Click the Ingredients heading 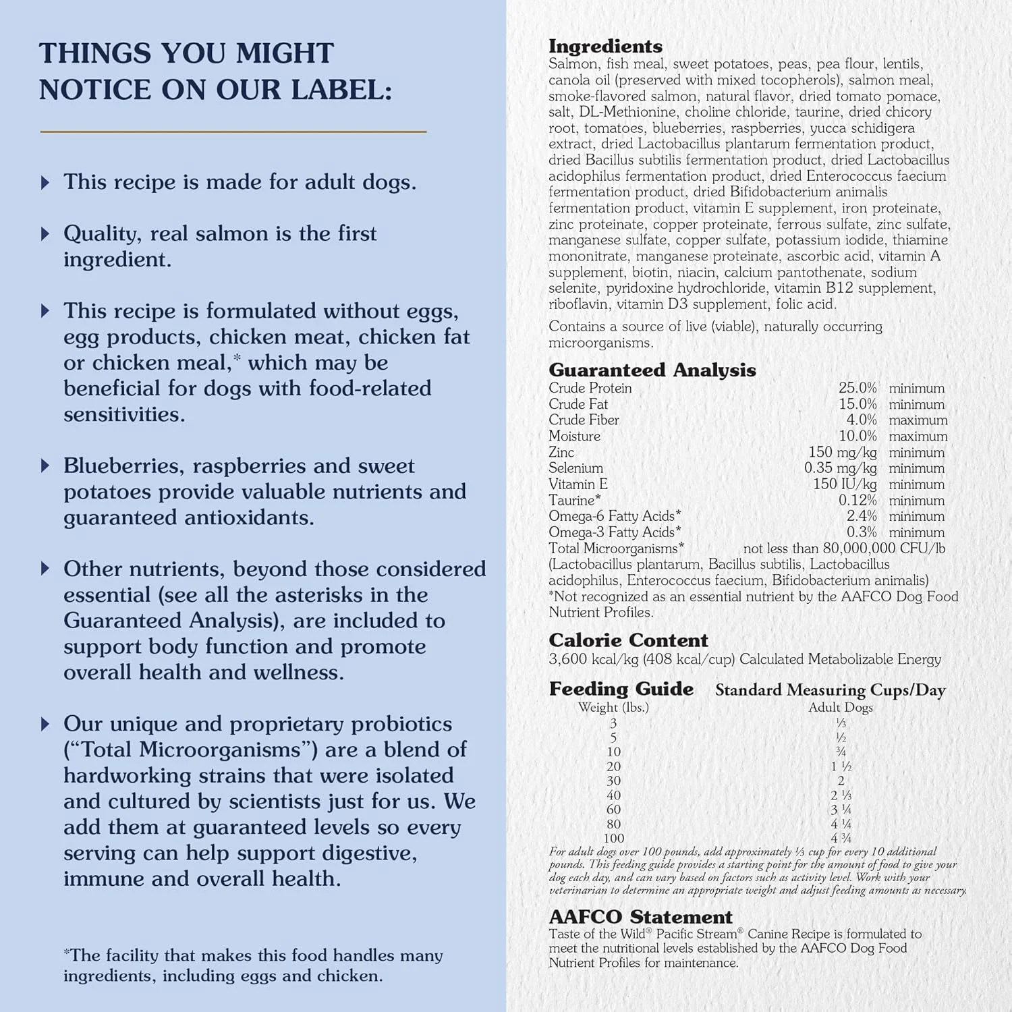(x=605, y=47)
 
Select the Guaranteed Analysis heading (x=652, y=370)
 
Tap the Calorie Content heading (x=628, y=640)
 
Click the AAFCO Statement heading (x=640, y=917)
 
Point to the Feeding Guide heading (x=621, y=689)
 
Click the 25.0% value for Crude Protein (x=858, y=388)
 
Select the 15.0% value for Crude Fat (x=858, y=404)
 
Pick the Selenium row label (x=575, y=468)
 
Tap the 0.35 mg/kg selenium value (x=840, y=468)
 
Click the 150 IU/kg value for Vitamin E (x=845, y=484)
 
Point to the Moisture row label (x=574, y=437)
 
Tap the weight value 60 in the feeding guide (x=613, y=810)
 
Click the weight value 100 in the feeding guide (x=613, y=839)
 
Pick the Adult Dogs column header (x=841, y=708)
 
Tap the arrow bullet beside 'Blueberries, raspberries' (x=45, y=466)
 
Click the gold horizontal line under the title (x=233, y=132)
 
